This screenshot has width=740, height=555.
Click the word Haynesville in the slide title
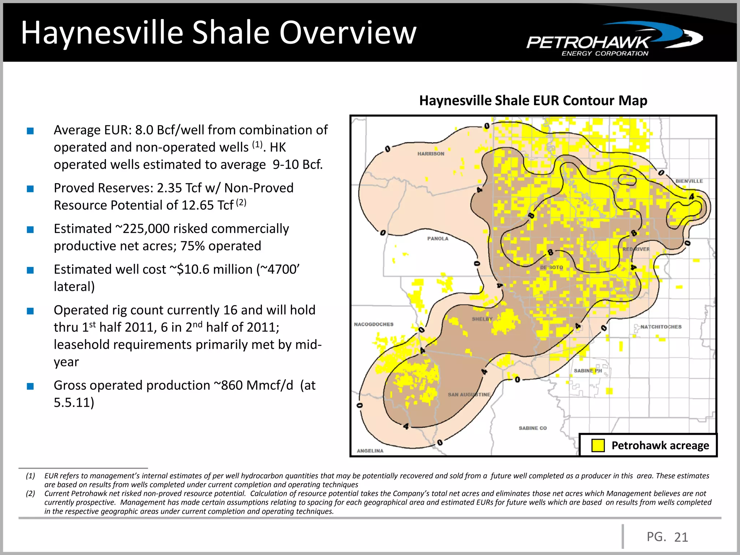coord(102,33)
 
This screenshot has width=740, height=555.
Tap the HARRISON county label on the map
coord(431,154)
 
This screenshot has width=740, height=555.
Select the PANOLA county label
coord(438,238)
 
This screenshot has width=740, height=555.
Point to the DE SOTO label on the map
coord(551,267)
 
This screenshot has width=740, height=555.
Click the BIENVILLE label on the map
coord(689,181)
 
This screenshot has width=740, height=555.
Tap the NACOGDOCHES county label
coord(374,324)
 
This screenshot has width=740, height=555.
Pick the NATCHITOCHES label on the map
coord(661,327)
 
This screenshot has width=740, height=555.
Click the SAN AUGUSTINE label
coord(469,395)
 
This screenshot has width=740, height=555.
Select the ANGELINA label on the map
coord(370,451)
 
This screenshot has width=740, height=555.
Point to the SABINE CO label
coord(533,428)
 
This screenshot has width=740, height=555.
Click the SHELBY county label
coord(482,319)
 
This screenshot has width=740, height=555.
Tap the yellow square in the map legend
coord(598,446)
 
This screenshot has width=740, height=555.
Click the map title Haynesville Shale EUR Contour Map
coord(533,100)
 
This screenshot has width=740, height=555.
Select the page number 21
coord(681,537)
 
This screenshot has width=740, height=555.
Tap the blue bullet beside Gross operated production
coord(30,386)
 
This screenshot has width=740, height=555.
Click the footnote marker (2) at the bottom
coord(30,494)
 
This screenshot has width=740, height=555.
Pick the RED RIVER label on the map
coord(636,249)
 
